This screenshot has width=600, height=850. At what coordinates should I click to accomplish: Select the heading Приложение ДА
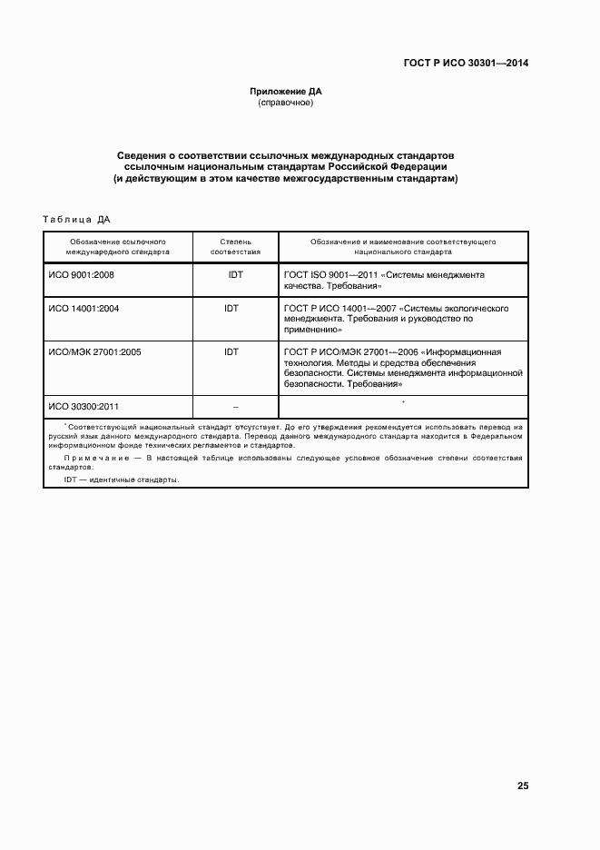coord(286,92)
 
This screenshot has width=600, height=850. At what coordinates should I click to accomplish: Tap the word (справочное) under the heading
coord(286,104)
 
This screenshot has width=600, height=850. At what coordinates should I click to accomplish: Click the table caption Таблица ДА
coord(76,219)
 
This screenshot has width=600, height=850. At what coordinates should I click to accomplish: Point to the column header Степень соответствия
coord(235,248)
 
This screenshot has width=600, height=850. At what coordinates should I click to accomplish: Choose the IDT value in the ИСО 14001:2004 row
coord(231,309)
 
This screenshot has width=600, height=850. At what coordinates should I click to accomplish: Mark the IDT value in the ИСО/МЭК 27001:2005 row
coord(231,351)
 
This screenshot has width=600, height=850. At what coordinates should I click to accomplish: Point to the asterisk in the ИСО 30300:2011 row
coord(402,402)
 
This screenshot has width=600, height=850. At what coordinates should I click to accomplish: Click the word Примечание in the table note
coord(94,458)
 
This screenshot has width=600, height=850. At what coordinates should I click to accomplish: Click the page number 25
coord(522,786)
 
